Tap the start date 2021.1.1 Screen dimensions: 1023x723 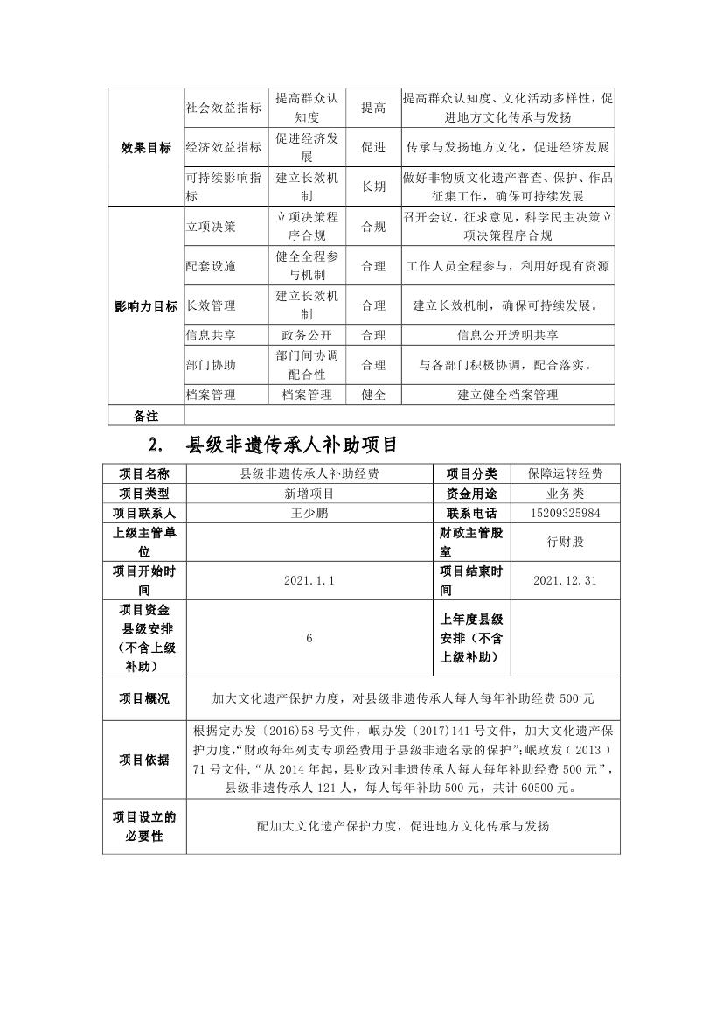pyautogui.click(x=309, y=580)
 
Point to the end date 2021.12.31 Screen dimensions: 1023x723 pyautogui.click(x=565, y=580)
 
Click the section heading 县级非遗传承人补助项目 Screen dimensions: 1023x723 pyautogui.click(x=292, y=445)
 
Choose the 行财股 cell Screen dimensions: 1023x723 pyautogui.click(x=565, y=542)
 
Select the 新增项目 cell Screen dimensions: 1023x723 pyautogui.click(x=309, y=494)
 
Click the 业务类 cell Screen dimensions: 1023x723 pyautogui.click(x=565, y=494)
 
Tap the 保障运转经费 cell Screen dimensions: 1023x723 pyautogui.click(x=565, y=473)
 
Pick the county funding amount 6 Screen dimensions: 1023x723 pyautogui.click(x=309, y=639)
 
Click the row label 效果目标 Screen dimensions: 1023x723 pyautogui.click(x=146, y=148)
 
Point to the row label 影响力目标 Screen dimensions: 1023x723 pyautogui.click(x=146, y=306)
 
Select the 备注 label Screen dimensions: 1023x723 pyautogui.click(x=146, y=415)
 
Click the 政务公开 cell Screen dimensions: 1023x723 pyautogui.click(x=307, y=334)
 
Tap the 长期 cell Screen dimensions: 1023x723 pyautogui.click(x=373, y=186)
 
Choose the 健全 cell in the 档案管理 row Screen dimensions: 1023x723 pyautogui.click(x=373, y=395)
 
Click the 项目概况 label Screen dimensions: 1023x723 pyautogui.click(x=145, y=698)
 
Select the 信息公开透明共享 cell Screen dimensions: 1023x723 pyautogui.click(x=508, y=334)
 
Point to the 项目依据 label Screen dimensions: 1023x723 pyautogui.click(x=145, y=759)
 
